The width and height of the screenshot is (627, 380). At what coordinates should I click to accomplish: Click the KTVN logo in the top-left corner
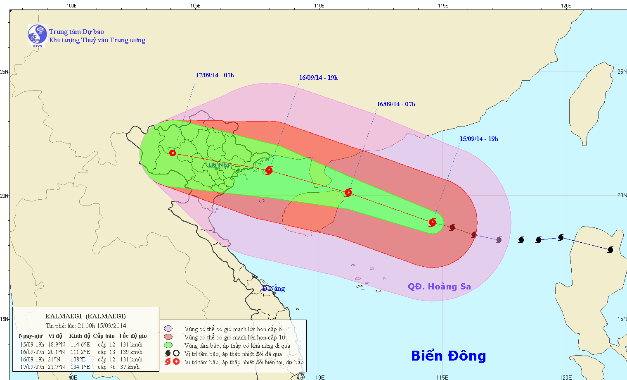(x=37, y=35)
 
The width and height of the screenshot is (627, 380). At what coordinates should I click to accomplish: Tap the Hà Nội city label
(x=218, y=165)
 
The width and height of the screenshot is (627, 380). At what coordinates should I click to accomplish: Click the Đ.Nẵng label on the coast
(x=274, y=289)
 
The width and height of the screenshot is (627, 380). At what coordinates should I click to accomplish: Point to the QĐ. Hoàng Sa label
(x=439, y=287)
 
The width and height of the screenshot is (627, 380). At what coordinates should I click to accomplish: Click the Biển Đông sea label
(x=448, y=356)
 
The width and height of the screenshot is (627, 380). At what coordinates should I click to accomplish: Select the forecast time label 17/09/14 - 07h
(x=215, y=75)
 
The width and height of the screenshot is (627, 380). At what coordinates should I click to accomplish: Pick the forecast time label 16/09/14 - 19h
(x=318, y=78)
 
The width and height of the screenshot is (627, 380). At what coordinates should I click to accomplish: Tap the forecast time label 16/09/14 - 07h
(x=396, y=104)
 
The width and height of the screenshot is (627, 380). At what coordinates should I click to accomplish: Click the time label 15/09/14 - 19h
(x=479, y=139)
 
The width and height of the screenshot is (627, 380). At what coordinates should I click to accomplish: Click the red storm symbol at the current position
(x=432, y=222)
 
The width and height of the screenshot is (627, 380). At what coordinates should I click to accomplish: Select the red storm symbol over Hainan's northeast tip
(x=348, y=192)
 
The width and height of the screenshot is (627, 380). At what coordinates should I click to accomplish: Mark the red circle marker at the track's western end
(x=173, y=153)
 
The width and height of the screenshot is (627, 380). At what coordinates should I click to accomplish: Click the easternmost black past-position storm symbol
(x=610, y=250)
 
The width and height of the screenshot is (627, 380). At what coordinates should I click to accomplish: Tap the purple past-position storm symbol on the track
(x=499, y=240)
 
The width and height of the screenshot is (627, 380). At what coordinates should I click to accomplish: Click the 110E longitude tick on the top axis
(x=319, y=6)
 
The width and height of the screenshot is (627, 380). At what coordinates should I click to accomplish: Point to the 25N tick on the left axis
(x=5, y=72)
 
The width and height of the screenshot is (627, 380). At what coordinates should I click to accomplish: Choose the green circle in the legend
(x=168, y=345)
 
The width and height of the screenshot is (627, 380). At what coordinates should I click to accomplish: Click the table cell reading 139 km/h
(x=131, y=352)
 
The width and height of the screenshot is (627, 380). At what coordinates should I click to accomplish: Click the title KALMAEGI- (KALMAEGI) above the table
(x=85, y=316)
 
